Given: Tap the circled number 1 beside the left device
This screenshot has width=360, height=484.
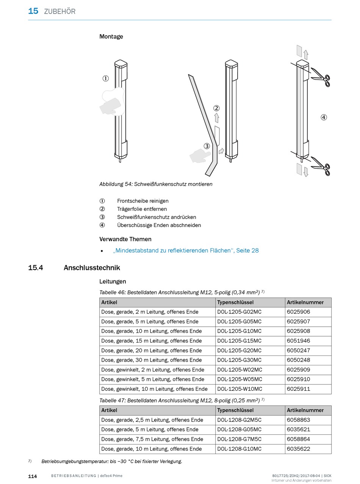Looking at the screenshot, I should [x=105, y=78].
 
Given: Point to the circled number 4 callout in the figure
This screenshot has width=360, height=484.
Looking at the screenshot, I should [x=324, y=117].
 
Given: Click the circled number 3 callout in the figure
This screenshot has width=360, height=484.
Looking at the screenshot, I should [x=207, y=146].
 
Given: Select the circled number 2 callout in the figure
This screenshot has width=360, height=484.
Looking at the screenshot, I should [x=216, y=108].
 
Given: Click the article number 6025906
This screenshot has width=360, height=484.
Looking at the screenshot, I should [x=298, y=312].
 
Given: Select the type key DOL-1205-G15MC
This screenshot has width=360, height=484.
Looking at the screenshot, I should [x=239, y=341].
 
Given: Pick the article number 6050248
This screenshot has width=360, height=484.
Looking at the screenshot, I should [x=298, y=360].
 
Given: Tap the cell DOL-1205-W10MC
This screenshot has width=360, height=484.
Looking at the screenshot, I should [x=239, y=389].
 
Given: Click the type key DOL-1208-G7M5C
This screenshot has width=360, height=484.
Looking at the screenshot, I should [x=239, y=439].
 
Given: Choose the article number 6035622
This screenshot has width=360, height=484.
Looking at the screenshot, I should [x=298, y=449].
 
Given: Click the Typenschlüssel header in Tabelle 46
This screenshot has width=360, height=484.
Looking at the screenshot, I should [x=235, y=302].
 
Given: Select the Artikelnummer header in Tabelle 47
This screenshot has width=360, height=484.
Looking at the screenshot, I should [x=305, y=410].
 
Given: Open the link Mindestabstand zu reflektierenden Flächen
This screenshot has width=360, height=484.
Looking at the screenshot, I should [x=186, y=251].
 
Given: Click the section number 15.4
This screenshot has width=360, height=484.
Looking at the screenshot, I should [x=36, y=268].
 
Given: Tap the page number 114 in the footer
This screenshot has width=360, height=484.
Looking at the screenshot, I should [x=33, y=476].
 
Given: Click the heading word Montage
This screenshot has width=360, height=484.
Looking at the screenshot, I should [x=111, y=37].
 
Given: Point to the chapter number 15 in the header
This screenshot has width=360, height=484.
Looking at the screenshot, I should [x=33, y=11].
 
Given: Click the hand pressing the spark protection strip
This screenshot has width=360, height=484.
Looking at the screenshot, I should [x=200, y=155].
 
